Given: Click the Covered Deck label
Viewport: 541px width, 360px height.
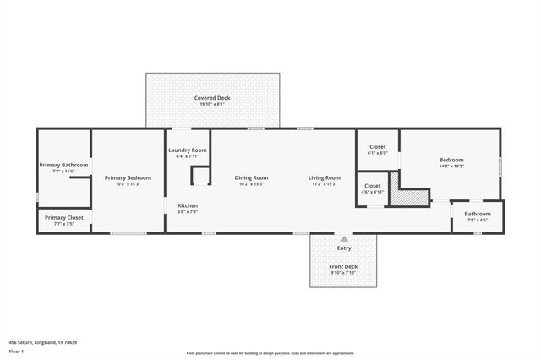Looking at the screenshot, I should click(211, 98).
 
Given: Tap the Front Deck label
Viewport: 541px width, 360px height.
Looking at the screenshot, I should click(343, 266).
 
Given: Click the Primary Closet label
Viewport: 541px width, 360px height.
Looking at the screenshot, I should click(63, 217).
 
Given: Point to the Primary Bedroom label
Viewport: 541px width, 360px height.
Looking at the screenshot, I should click(128, 177).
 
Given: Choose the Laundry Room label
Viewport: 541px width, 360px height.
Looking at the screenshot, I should click(188, 150).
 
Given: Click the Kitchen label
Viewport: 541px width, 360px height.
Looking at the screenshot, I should click(187, 206).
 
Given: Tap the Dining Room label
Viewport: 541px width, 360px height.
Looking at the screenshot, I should click(251, 177).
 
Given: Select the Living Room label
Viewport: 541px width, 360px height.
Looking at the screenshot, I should click(324, 177).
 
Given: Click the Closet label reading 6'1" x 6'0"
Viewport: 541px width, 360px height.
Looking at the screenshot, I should click(377, 147).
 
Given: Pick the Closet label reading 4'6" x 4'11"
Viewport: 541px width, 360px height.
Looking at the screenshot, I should click(372, 185).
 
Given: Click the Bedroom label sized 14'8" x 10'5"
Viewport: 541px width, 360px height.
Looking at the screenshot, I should click(451, 160).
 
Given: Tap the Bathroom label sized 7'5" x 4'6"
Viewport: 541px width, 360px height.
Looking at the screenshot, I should click(477, 214).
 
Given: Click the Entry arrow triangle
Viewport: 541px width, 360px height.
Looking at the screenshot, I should click(343, 239).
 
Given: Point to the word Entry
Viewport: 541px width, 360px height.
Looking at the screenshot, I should click(343, 248).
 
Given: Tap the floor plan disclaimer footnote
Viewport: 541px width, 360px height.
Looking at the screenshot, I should click(270, 352).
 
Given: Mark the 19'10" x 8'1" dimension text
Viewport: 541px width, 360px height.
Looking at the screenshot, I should click(211, 104).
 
